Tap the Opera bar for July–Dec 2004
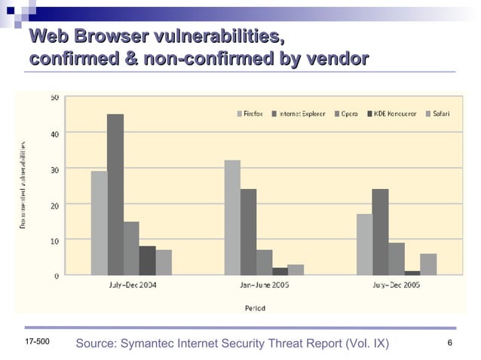pos(131,248)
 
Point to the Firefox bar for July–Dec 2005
pos(364,244)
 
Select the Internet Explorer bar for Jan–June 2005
pos(248,231)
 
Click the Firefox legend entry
pos(250,114)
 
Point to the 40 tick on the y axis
pos(55,133)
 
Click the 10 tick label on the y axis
pos(55,239)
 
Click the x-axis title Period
pos(254,307)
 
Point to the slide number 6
pos(449,343)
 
